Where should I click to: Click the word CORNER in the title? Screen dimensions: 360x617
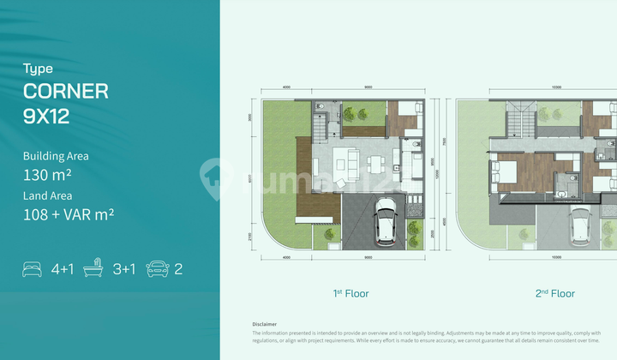click(66, 91)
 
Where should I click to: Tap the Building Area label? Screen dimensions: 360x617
click(56, 156)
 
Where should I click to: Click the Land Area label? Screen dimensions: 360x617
click(48, 195)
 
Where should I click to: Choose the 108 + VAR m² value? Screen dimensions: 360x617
click(69, 214)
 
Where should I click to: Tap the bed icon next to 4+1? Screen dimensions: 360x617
click(32, 269)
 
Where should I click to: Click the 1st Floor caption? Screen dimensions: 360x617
click(350, 294)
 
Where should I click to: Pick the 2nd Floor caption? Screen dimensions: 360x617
click(554, 294)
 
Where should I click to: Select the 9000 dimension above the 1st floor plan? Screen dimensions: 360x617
click(367, 87)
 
